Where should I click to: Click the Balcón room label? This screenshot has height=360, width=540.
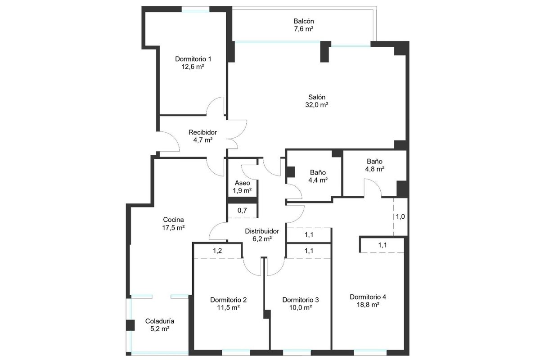click(x=303, y=21)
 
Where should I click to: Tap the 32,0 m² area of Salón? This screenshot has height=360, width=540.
click(x=316, y=105)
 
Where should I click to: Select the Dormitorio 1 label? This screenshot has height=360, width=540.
click(x=193, y=59)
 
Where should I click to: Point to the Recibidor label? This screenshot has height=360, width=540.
click(x=202, y=132)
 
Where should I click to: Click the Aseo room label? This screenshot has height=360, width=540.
click(x=242, y=183)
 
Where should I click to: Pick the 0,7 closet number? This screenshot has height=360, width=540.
click(x=242, y=211)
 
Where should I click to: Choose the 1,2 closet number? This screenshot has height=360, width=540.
click(x=217, y=251)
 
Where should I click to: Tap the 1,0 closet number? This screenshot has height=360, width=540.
click(x=400, y=216)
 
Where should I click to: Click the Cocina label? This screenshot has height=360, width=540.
click(x=173, y=220)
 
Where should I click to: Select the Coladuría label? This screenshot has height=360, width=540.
click(x=160, y=321)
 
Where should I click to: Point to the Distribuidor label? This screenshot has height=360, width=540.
click(x=262, y=231)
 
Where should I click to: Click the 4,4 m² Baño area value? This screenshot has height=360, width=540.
click(x=318, y=180)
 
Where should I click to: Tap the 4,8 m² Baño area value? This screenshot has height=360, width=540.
click(x=374, y=169)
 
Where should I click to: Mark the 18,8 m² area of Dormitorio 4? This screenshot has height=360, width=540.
click(x=368, y=305)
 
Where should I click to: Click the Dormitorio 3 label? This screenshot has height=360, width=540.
click(x=301, y=300)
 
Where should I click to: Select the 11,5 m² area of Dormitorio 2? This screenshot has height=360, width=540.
click(x=228, y=308)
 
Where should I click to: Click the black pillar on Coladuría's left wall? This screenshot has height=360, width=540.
click(x=130, y=325)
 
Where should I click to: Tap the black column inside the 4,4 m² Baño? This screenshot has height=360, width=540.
click(x=291, y=172)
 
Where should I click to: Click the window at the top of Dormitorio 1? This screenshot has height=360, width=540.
click(x=195, y=9)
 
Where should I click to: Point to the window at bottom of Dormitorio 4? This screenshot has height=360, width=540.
click(x=370, y=352)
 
